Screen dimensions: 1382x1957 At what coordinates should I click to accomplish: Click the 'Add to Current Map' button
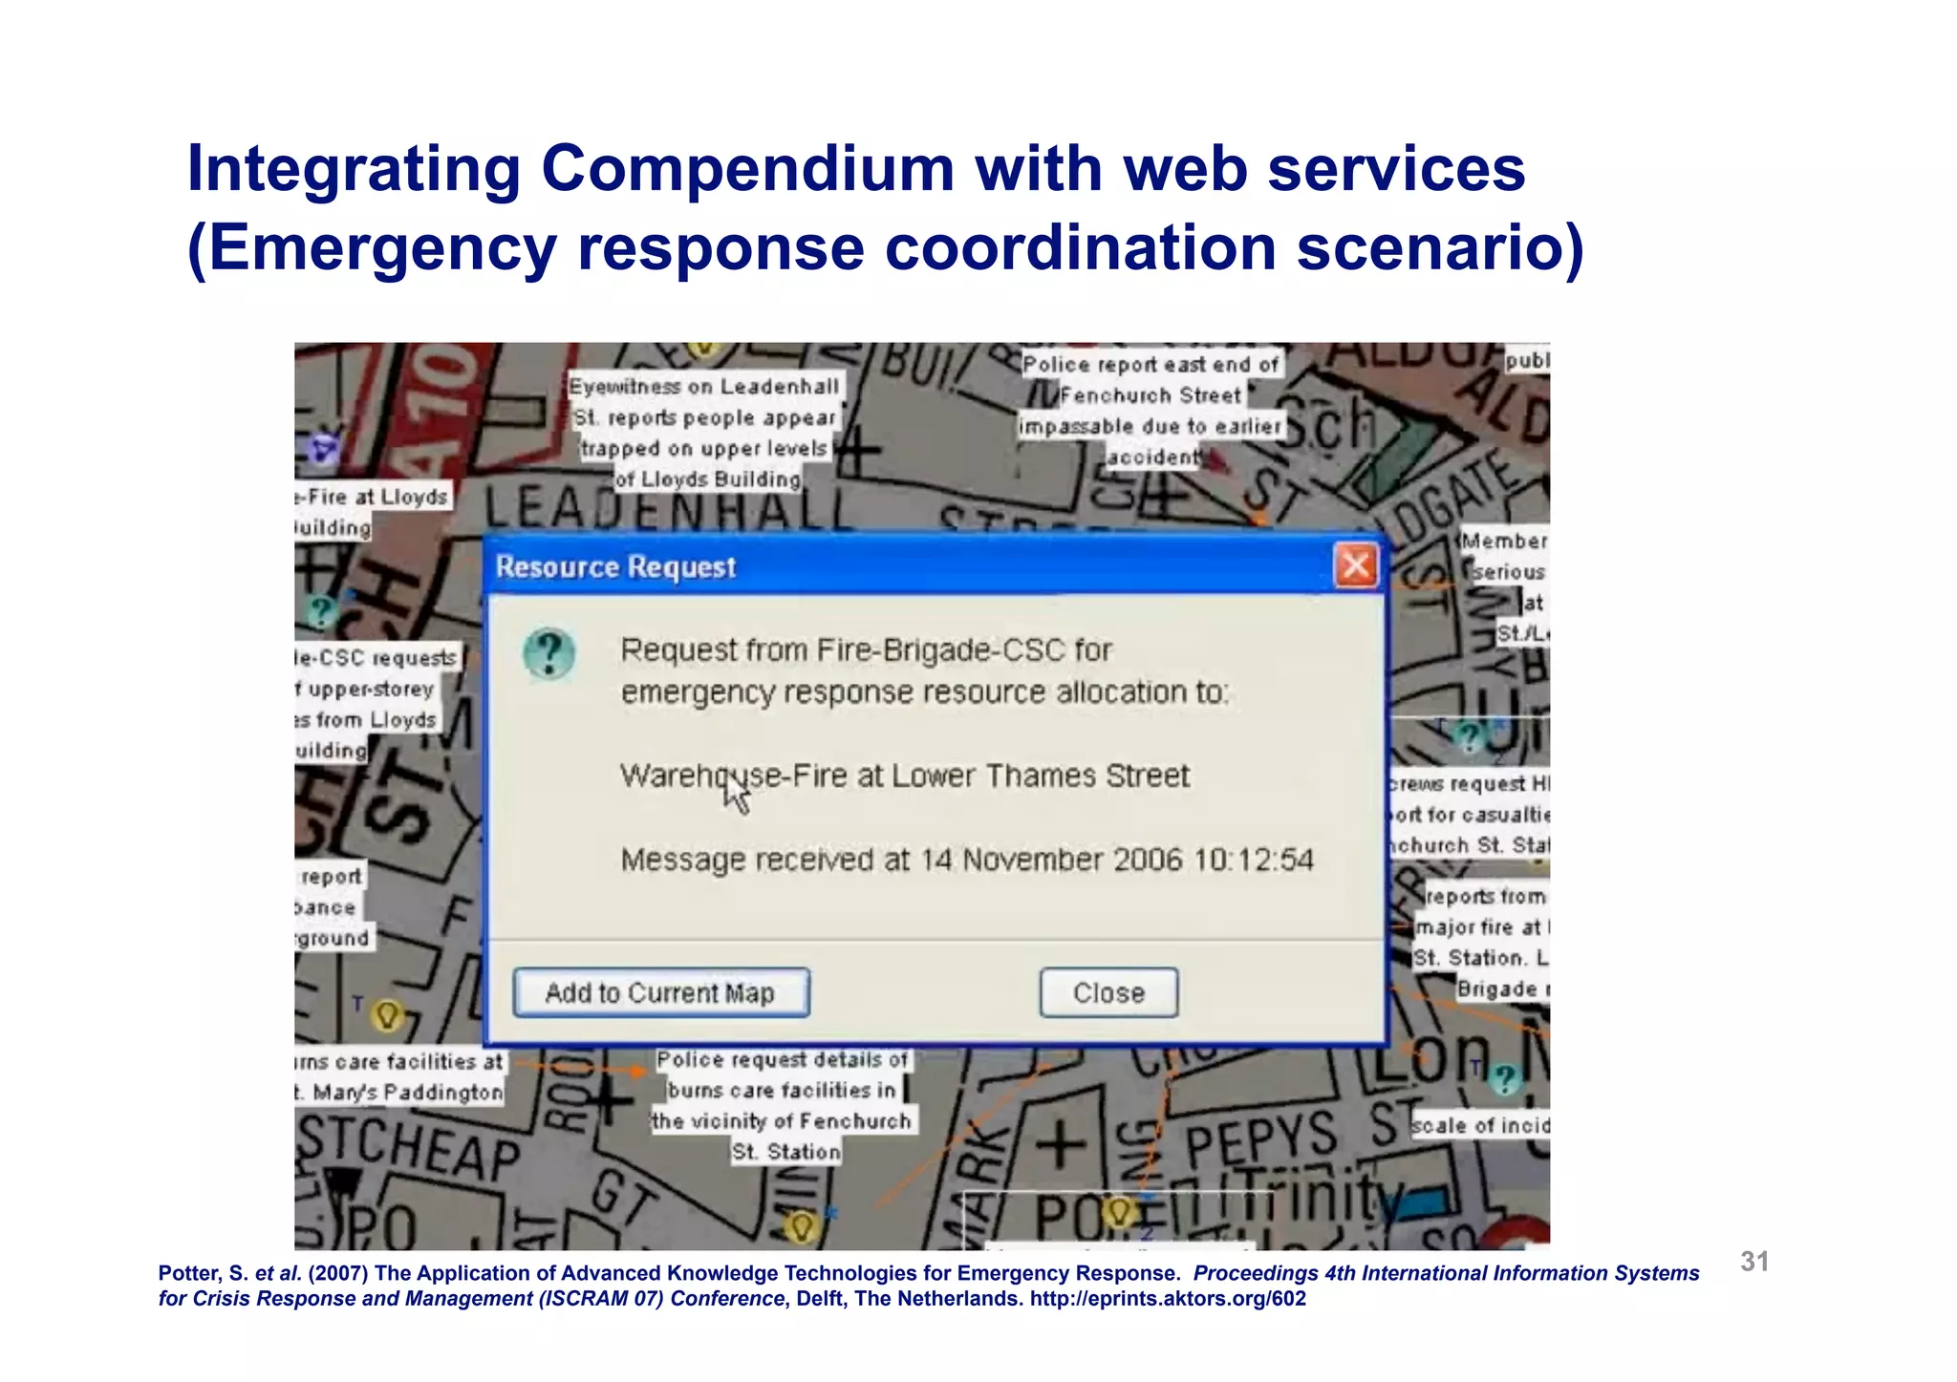point(660,993)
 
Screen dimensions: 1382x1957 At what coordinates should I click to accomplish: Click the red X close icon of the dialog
point(1355,566)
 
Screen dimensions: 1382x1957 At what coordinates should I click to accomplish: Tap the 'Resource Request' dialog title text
point(615,567)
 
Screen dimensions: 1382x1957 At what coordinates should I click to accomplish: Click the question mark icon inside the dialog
point(549,654)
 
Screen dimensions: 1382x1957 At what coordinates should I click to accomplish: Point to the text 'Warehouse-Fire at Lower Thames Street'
point(905,776)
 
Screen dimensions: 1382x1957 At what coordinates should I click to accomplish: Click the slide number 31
point(1754,1262)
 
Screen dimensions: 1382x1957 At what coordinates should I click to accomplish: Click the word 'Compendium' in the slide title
point(747,169)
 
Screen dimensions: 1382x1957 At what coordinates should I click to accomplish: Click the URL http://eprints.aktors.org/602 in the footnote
point(1168,1299)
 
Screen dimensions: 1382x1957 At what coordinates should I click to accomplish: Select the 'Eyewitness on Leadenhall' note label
point(704,387)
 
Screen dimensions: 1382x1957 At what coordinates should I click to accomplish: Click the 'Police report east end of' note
point(1150,365)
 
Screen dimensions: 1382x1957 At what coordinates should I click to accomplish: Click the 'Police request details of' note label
point(782,1060)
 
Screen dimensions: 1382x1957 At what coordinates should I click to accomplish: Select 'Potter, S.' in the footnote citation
point(204,1273)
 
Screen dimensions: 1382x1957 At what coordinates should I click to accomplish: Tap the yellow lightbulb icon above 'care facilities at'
point(387,1014)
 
